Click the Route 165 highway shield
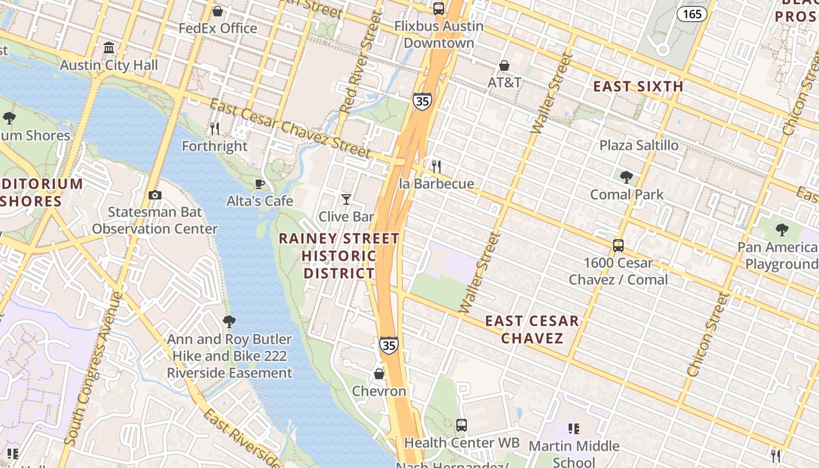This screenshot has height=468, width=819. click(x=692, y=13)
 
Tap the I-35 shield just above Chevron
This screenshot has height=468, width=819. click(x=389, y=345)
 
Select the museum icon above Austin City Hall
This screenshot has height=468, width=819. click(x=109, y=47)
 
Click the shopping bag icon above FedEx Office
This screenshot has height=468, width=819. click(x=218, y=11)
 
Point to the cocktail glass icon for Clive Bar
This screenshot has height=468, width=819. click(x=346, y=199)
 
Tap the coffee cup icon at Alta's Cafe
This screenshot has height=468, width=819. click(x=260, y=184)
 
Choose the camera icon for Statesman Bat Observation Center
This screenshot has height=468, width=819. click(x=154, y=195)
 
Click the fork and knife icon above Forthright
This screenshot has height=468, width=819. click(x=215, y=128)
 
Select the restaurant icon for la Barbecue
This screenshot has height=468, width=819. click(x=436, y=166)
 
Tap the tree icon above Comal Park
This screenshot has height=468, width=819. click(x=627, y=177)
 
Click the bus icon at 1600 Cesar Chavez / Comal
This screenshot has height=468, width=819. click(x=618, y=246)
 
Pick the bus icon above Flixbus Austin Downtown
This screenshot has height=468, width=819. click(x=438, y=9)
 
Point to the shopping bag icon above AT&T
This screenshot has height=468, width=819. click(x=504, y=66)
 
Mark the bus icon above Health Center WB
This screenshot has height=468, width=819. click(x=462, y=425)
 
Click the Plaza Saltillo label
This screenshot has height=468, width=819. click(x=639, y=145)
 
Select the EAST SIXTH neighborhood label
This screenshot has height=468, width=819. click(x=638, y=87)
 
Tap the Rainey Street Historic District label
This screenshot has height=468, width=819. click(x=339, y=256)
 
